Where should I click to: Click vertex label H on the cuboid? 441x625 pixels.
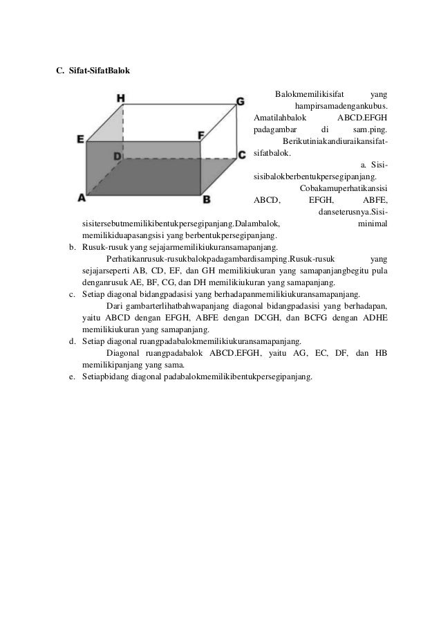[120, 98]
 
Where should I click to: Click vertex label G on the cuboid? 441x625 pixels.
[240, 102]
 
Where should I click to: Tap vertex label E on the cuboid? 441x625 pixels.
[81, 140]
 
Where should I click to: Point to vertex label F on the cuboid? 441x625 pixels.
[201, 135]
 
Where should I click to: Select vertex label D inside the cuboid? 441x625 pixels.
[118, 157]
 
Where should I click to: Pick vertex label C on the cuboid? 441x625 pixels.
[241, 154]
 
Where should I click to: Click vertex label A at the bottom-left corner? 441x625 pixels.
[81, 197]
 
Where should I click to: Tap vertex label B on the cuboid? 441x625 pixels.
[206, 199]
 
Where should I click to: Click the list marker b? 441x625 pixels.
[72, 247]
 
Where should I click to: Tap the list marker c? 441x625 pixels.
[72, 294]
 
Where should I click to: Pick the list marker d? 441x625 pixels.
[72, 342]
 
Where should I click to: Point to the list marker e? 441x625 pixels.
[72, 377]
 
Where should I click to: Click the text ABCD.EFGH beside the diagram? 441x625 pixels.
[366, 118]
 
